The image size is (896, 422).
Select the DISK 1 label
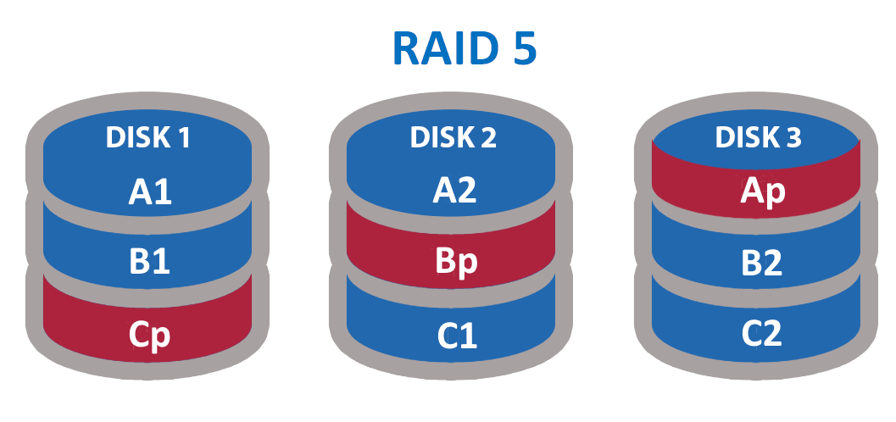click(147, 138)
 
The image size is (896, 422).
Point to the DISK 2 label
click(452, 138)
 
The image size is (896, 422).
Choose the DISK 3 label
click(758, 138)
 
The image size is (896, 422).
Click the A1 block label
click(149, 192)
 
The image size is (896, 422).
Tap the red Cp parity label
click(149, 334)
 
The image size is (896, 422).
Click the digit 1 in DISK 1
click(185, 138)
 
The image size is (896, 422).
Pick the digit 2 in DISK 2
click(488, 138)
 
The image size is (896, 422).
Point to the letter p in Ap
click(771, 195)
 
